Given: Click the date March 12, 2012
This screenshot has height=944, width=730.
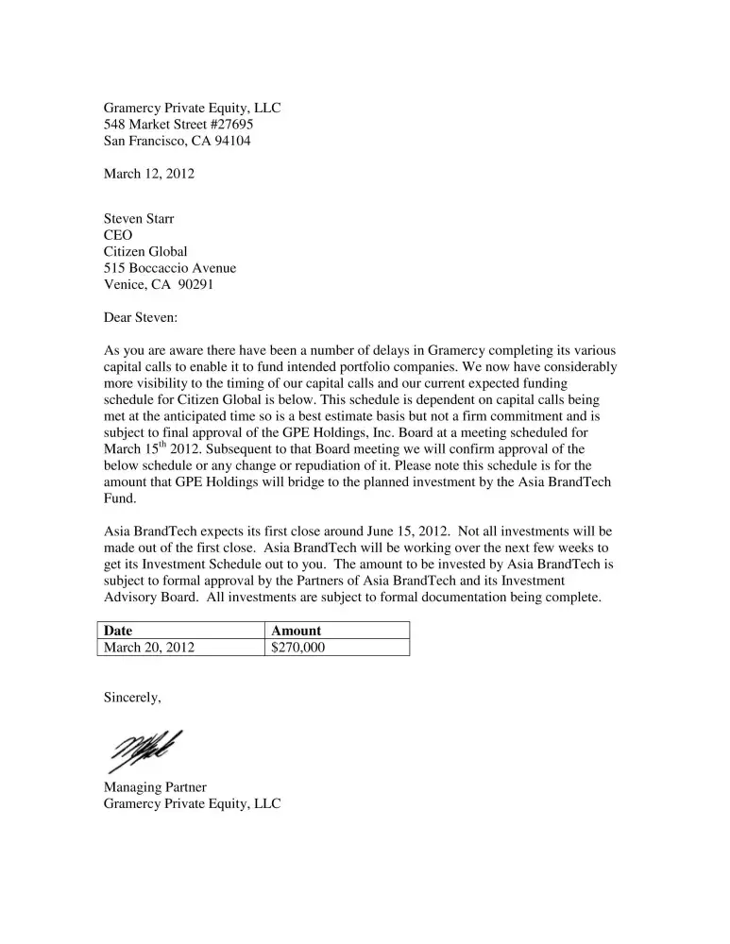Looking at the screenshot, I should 149,174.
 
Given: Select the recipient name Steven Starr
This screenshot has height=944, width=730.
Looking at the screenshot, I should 139,219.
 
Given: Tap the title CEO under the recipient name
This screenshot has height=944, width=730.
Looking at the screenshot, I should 118,235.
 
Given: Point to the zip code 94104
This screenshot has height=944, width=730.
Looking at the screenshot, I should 232,141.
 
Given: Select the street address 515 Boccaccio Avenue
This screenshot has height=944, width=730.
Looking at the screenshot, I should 170,268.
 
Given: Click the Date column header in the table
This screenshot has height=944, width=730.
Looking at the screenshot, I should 118,631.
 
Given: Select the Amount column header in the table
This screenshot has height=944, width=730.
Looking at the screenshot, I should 296,631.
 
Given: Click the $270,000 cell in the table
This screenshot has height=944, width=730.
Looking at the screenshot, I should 297,648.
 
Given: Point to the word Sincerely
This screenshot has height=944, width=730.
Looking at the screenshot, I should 131,699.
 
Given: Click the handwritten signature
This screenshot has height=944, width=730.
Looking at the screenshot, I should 146,751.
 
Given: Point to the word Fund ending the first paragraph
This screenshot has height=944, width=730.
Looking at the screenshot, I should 118,498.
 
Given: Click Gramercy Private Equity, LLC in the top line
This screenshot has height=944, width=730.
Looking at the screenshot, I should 192,109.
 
